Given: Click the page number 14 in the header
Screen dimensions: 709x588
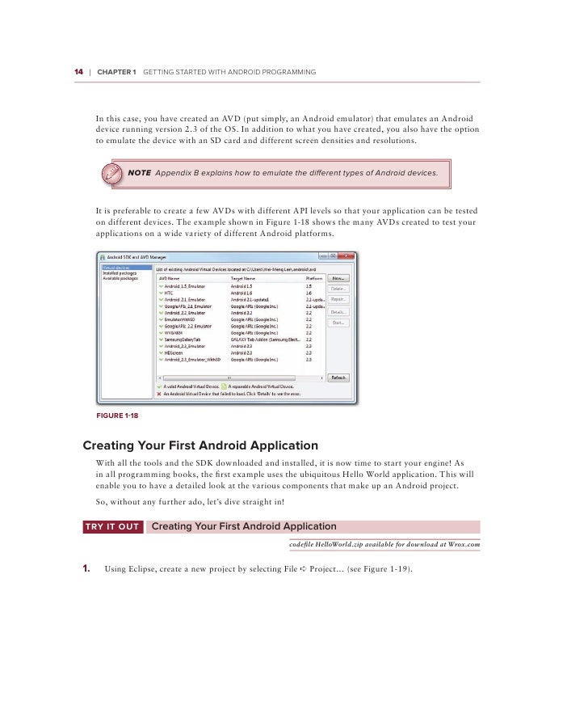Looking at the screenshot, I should (x=78, y=72).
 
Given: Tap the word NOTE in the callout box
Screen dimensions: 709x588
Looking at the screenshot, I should (x=140, y=173).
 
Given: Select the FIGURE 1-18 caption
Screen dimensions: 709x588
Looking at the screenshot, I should (x=117, y=416).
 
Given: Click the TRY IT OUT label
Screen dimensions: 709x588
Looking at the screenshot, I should (x=112, y=527).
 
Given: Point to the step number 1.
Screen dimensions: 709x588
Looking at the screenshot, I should (x=87, y=569).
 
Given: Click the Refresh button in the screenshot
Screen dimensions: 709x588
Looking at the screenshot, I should (x=338, y=378).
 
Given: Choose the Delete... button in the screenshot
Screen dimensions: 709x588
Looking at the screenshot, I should (x=338, y=289).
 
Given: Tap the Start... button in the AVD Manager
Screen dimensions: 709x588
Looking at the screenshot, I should (x=338, y=323).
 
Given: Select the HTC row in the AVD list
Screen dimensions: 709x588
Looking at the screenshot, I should (x=169, y=293).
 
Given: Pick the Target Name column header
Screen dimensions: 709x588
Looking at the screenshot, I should (x=245, y=277).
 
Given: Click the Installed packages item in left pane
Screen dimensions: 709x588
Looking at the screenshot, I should (x=119, y=272).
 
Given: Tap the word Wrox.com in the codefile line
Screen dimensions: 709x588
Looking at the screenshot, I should (x=463, y=545).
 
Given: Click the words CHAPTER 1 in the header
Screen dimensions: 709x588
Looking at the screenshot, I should (x=116, y=72).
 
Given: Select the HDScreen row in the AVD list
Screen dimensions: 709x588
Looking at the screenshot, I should (x=174, y=352).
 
